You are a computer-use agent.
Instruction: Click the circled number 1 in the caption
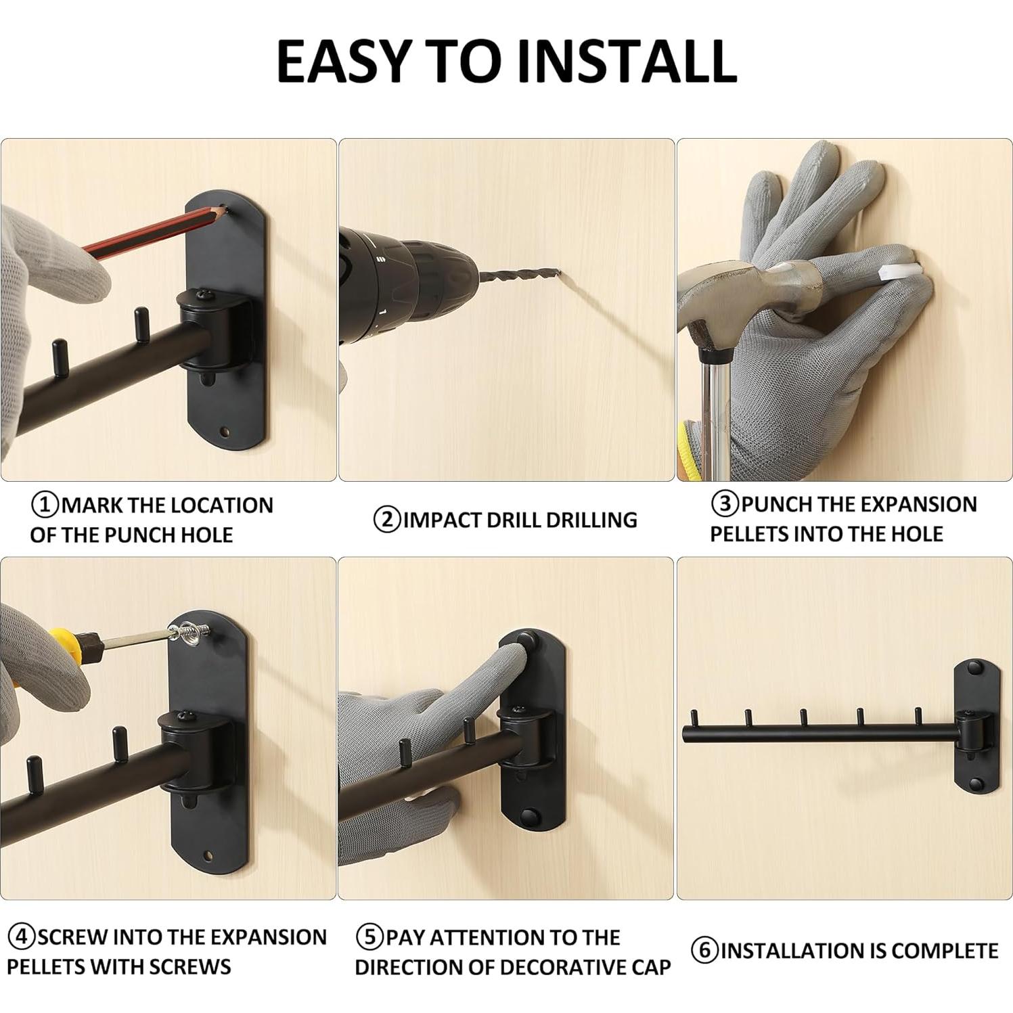45,505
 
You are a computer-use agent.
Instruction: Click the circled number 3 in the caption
725,504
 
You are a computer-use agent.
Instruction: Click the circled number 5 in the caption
369,938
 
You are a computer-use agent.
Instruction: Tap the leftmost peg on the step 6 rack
694,717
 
